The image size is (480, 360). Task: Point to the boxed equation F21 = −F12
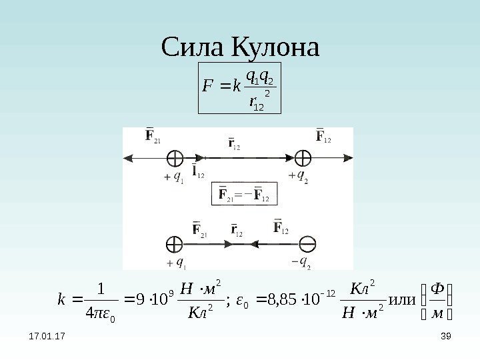click(243, 195)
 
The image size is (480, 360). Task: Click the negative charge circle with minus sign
click(308, 243)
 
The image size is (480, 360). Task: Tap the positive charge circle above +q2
click(303, 158)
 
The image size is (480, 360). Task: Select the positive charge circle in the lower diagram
click(174, 243)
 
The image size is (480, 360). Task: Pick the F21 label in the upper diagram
click(153, 139)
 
